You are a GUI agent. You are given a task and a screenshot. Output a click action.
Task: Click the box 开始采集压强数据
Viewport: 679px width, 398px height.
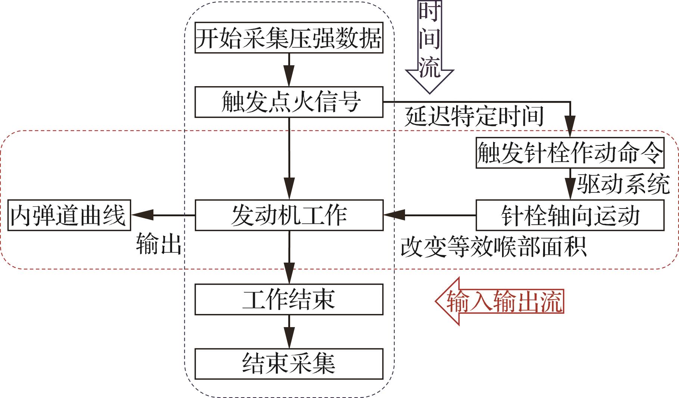click(x=289, y=38)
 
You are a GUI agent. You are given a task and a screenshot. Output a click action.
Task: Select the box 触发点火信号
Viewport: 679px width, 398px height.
click(x=289, y=102)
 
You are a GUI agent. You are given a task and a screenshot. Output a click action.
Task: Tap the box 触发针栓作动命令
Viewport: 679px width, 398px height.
click(x=570, y=153)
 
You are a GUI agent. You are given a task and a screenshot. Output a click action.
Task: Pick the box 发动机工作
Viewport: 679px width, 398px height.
click(x=289, y=215)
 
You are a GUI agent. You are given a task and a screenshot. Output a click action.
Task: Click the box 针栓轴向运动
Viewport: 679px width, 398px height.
click(x=570, y=215)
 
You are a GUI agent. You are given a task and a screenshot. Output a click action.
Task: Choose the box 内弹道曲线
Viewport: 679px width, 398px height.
click(x=69, y=215)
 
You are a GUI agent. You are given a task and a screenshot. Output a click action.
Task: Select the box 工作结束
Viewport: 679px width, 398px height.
click(x=289, y=299)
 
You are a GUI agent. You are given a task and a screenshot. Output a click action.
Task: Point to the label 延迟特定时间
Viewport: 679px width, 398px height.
click(x=474, y=116)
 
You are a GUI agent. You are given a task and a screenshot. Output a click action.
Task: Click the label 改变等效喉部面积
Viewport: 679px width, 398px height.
click(x=493, y=246)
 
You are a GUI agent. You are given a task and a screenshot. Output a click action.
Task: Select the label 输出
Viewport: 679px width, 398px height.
click(x=159, y=244)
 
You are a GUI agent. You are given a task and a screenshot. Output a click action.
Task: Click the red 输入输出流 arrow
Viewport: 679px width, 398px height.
click(x=500, y=301)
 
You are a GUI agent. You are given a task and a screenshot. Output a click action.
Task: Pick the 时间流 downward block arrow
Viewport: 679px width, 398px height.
click(x=429, y=45)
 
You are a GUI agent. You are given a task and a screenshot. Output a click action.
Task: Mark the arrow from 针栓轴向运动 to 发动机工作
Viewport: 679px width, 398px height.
click(x=429, y=215)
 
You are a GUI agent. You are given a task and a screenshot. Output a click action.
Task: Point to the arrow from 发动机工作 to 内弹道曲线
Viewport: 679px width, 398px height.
click(x=163, y=215)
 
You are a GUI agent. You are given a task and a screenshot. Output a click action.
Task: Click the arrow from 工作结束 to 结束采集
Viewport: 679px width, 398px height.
click(x=289, y=332)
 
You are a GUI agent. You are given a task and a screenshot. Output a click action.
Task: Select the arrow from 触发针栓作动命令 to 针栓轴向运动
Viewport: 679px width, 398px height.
click(x=570, y=184)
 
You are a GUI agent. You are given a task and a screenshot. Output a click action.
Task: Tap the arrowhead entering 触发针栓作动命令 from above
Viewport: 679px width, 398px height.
click(x=570, y=131)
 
